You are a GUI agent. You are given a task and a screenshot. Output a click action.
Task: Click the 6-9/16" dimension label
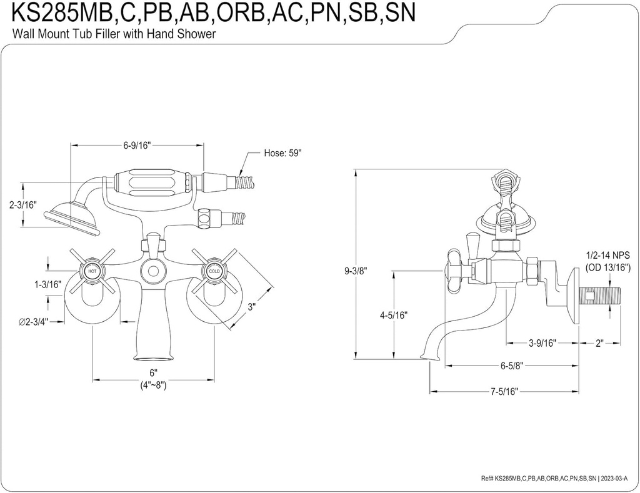coord(137,146)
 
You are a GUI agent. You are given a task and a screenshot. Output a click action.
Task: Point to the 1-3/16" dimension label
coord(47,284)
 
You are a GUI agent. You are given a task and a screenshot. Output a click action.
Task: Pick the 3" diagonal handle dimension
coord(252,307)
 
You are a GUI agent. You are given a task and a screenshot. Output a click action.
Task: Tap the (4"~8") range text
coord(153,386)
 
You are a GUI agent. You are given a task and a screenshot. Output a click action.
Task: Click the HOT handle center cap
coord(92,272)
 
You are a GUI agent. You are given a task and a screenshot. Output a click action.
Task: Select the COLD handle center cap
coord(214,272)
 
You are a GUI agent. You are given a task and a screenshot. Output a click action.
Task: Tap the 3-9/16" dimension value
coord(541,344)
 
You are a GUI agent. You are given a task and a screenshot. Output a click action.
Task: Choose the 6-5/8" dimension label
coord(511,367)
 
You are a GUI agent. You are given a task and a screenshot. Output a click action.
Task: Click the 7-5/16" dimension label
coord(504,392)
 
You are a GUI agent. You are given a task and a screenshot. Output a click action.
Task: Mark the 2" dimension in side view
coord(599,344)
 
